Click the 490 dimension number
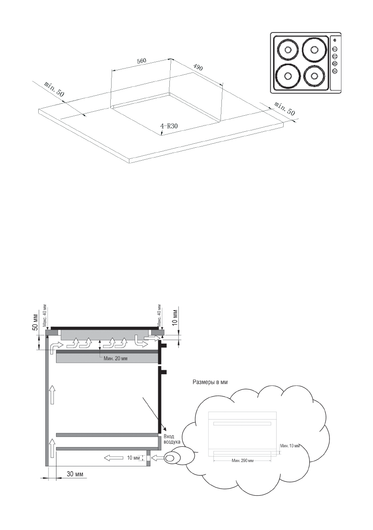click(197, 68)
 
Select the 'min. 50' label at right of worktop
click(285, 109)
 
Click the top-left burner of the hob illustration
click(286, 50)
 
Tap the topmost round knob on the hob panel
click(335, 49)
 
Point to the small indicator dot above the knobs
click(334, 41)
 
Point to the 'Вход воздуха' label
click(172, 440)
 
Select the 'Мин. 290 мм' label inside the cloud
click(243, 461)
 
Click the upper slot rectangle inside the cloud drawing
click(242, 424)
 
